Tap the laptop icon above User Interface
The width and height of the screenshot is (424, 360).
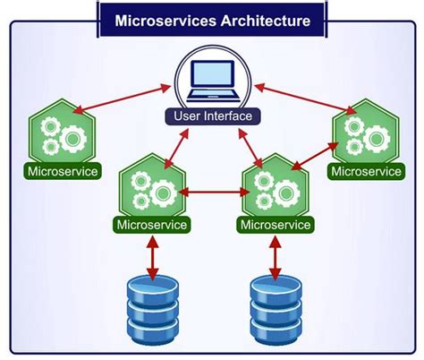(211, 81)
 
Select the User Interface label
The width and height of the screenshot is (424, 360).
(212, 117)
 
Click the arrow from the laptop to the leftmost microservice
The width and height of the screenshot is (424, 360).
(121, 99)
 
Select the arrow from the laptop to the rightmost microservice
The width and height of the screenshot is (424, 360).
(300, 99)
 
